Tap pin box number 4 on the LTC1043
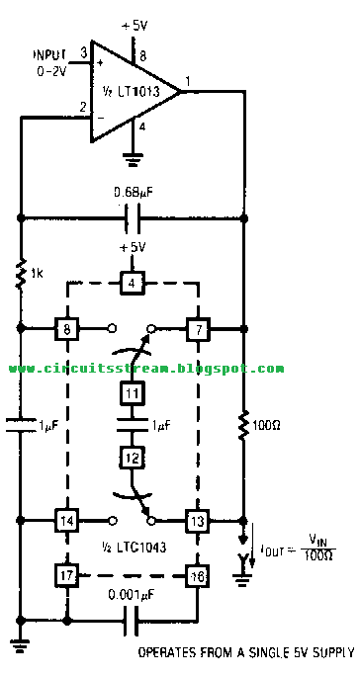pos(132,286)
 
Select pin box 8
pos(66,327)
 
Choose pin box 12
pos(132,458)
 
